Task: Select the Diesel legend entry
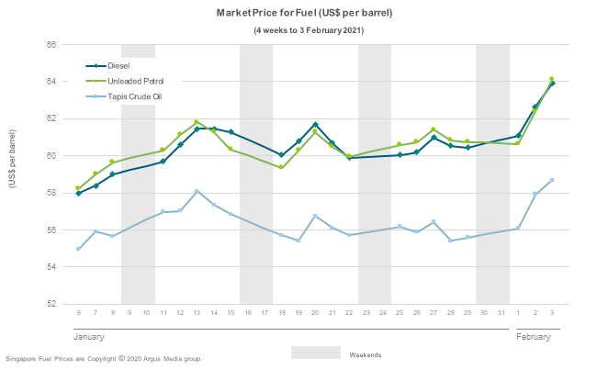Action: tap(118, 66)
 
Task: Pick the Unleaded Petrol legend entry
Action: tap(135, 81)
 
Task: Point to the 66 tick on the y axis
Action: tap(51, 45)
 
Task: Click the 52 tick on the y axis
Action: tap(51, 304)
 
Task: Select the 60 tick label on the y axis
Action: tap(51, 156)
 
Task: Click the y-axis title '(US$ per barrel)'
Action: tap(12, 160)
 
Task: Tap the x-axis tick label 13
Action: tap(197, 314)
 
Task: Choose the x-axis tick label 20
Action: tap(315, 314)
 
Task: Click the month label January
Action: tap(89, 337)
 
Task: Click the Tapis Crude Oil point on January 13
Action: tap(197, 191)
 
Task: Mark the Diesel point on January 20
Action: tap(315, 124)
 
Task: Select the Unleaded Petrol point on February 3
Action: tap(551, 79)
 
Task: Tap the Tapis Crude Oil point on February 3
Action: tap(551, 180)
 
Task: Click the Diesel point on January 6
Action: tap(78, 193)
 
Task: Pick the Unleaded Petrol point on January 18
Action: tap(281, 167)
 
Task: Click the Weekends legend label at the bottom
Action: tap(365, 354)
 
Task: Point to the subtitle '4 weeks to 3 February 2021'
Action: tap(309, 30)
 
